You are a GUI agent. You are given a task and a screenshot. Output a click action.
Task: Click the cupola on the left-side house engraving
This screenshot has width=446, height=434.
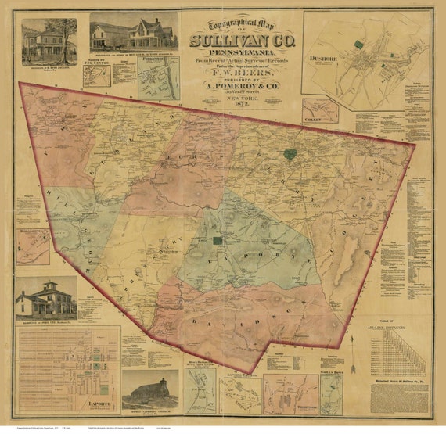tap(45, 283)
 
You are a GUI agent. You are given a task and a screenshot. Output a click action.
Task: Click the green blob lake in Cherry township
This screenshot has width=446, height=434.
tap(290, 154)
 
